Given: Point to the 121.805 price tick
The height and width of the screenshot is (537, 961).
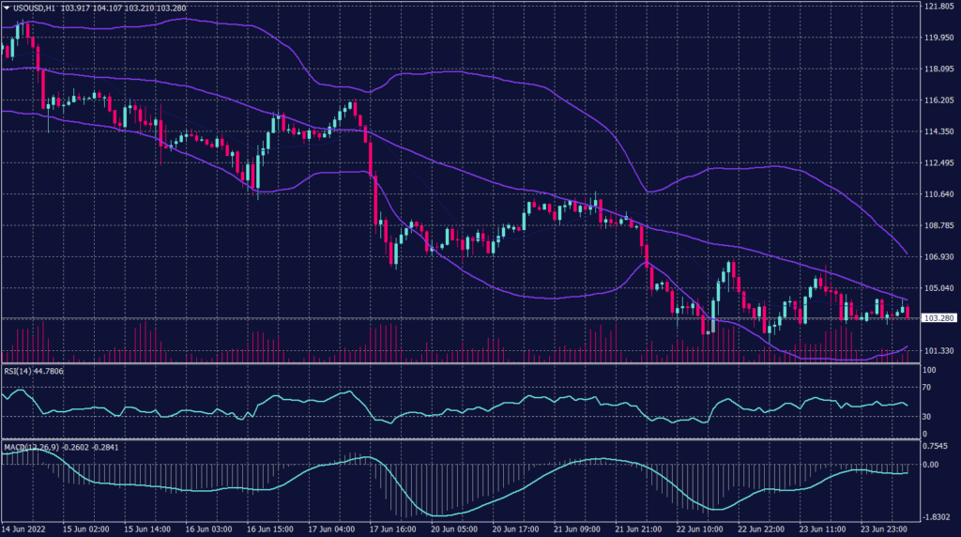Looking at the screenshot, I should (938, 7).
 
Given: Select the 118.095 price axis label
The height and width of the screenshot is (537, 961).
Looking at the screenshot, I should (938, 69).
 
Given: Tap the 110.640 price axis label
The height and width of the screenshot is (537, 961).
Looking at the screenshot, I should (938, 194).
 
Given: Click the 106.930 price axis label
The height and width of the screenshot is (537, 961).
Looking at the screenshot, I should (938, 256).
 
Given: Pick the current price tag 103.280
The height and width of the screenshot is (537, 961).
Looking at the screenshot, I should (938, 319).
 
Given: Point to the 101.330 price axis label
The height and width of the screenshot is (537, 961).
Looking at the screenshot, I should (938, 350).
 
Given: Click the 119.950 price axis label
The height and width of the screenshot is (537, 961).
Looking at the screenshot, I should (938, 38).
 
